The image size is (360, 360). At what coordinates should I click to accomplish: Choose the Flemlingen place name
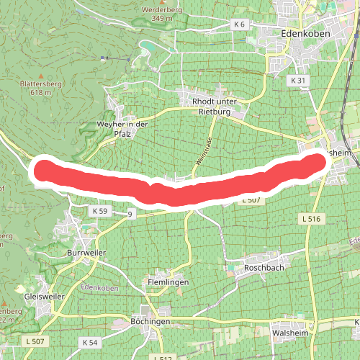point(168,282)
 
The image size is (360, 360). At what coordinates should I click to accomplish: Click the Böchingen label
point(150,320)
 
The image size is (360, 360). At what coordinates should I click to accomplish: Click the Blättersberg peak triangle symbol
point(40,75)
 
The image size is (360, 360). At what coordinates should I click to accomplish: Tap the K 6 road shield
point(239,24)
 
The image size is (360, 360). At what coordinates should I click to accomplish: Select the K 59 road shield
point(99,211)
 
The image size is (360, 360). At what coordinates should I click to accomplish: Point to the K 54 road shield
point(90,341)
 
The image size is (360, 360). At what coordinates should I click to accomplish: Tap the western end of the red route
point(43,170)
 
